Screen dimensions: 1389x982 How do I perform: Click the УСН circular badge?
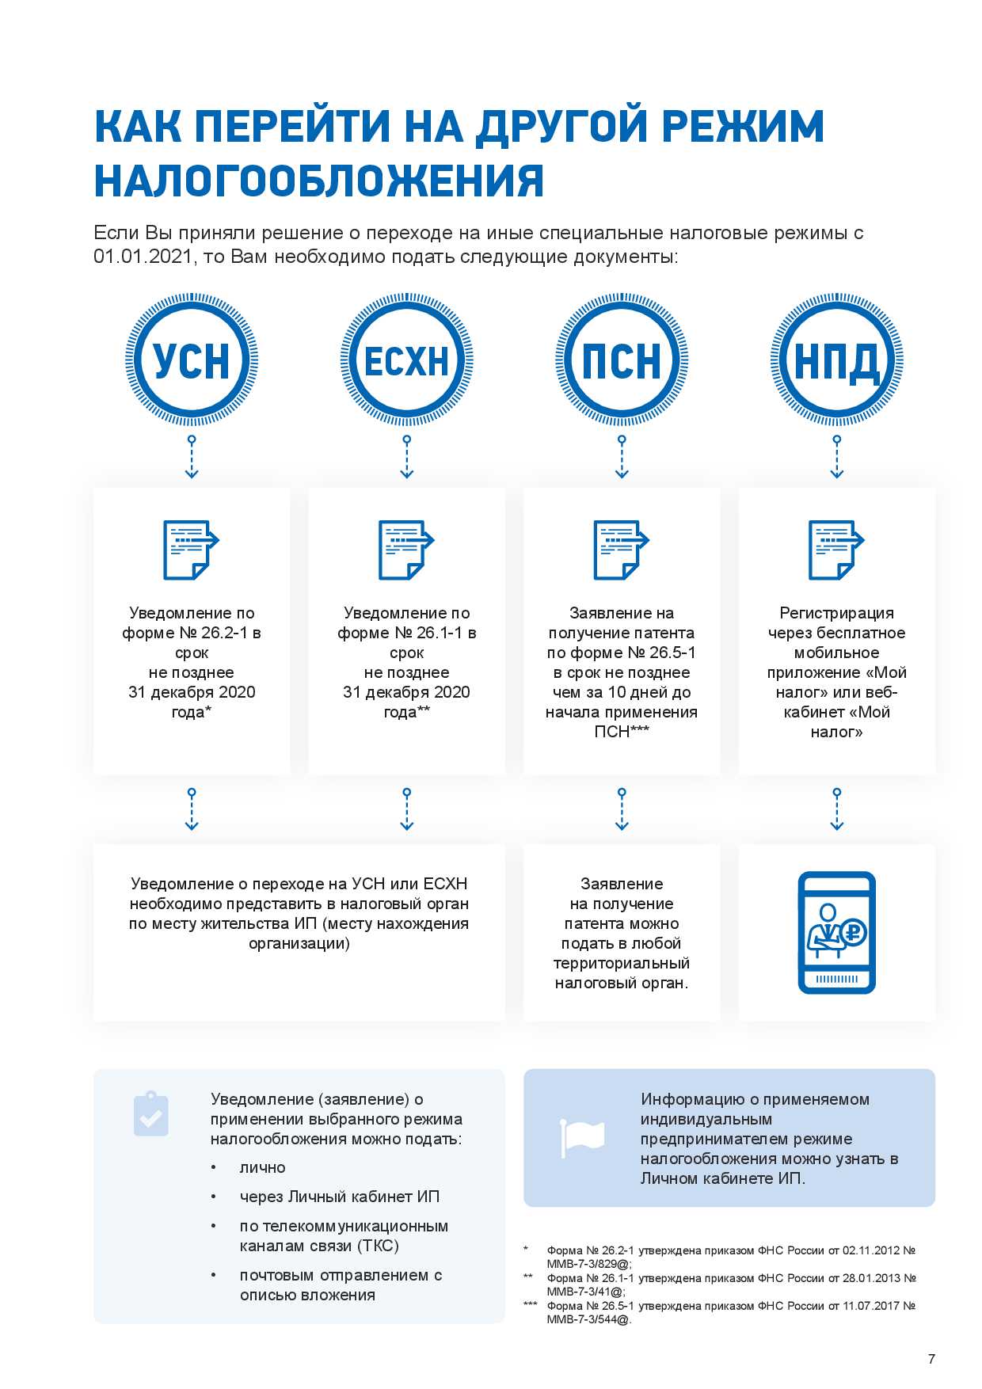point(192,360)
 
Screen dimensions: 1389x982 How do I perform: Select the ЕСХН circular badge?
point(406,360)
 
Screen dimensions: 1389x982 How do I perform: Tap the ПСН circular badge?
point(622,360)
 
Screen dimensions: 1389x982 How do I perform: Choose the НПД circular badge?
point(837,360)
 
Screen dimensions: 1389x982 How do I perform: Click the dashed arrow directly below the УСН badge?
point(192,457)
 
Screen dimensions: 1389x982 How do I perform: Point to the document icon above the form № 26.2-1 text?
point(191,550)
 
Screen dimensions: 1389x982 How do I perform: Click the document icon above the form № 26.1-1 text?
point(406,550)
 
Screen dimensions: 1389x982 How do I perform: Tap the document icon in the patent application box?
point(622,550)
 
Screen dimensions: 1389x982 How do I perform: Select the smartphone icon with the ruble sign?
point(836,932)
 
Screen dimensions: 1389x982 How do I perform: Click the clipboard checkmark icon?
point(151,1114)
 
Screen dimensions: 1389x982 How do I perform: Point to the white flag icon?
point(582,1136)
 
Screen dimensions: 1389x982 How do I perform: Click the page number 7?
point(931,1359)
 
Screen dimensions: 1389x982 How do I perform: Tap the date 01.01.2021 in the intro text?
point(143,257)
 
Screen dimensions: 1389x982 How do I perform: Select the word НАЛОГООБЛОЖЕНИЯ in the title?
point(319,181)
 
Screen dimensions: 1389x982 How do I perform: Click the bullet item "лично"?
point(262,1167)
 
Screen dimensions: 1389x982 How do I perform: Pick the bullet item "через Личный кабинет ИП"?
point(339,1197)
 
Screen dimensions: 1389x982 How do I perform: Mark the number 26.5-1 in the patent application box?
point(672,653)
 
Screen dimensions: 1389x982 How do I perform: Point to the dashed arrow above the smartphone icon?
point(837,809)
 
